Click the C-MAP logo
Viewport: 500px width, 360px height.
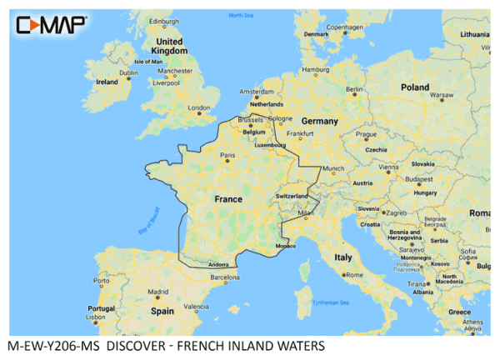click(x=50, y=25)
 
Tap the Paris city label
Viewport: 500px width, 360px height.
click(x=227, y=155)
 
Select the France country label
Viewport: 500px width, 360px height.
click(x=228, y=200)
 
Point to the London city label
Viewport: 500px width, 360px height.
click(x=199, y=107)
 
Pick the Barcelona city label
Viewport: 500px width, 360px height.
click(x=225, y=277)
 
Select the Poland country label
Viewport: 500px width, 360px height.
click(x=414, y=87)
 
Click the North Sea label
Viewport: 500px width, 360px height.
click(x=241, y=16)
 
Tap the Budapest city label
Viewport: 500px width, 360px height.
click(x=412, y=178)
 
